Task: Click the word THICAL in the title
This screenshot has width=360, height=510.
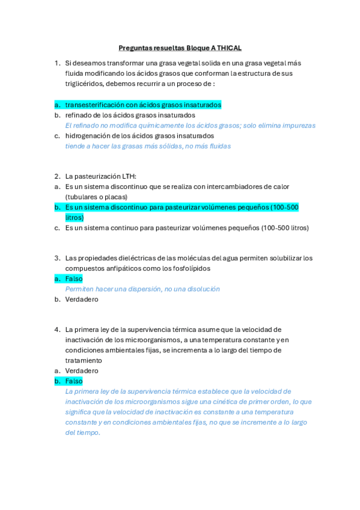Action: point(228,48)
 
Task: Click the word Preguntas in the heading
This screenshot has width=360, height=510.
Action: point(135,48)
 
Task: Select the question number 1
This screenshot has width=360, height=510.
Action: point(56,63)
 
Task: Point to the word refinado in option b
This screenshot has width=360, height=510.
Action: point(79,115)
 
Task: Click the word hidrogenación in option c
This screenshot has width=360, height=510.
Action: point(89,136)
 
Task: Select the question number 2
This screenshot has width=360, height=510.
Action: point(56,176)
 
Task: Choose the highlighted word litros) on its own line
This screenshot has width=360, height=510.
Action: point(75,218)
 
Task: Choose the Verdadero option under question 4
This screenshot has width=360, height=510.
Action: point(82,371)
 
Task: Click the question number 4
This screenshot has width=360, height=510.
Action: point(56,330)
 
